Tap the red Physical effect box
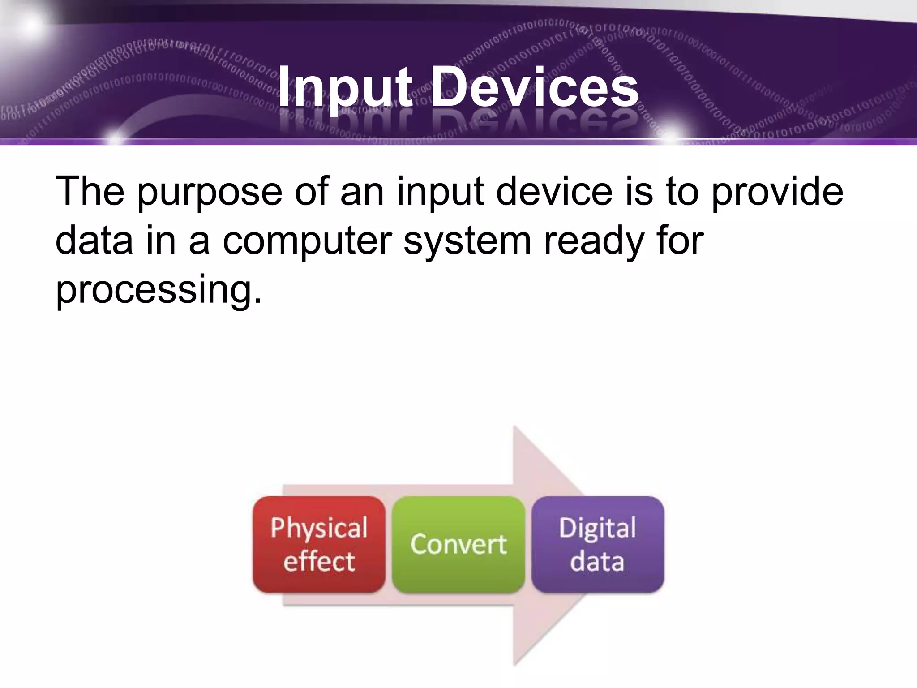tap(319, 544)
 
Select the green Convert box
tap(458, 544)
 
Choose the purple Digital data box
tap(598, 544)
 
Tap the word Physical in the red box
tap(319, 528)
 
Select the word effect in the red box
tap(319, 561)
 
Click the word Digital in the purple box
tap(597, 528)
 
